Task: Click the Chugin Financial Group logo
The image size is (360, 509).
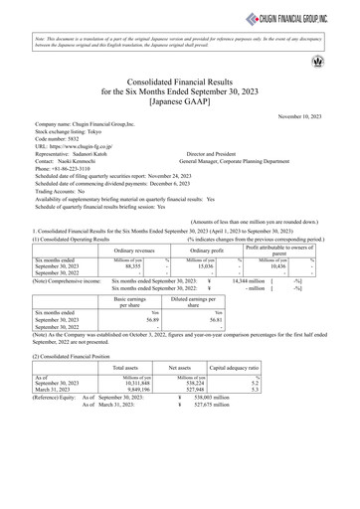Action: click(x=302, y=15)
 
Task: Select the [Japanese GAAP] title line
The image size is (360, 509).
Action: click(x=179, y=100)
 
